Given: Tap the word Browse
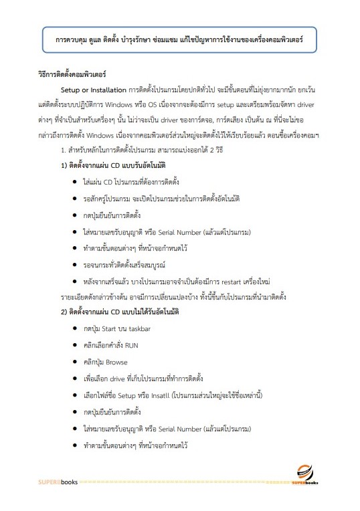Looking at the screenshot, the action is point(116,362).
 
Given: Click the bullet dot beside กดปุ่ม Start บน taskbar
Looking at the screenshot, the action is point(73,330).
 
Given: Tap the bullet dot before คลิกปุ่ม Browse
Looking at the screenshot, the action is point(73,363).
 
